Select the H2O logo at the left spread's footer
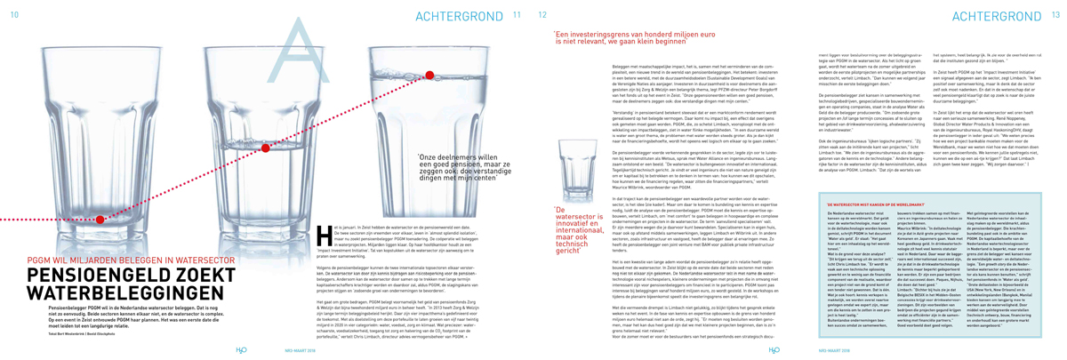[x=19, y=348]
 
